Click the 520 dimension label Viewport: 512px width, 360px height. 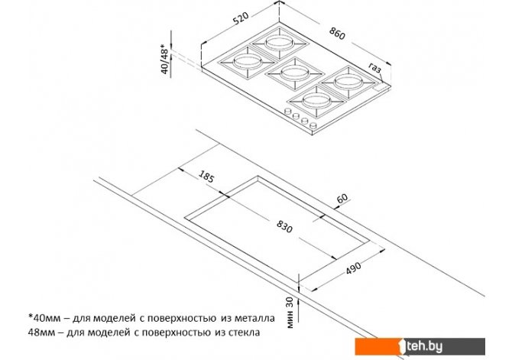pos(241,18)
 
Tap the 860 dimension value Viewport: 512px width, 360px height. pos(337,34)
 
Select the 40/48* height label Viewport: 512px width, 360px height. pos(165,61)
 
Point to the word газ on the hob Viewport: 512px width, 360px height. pos(375,68)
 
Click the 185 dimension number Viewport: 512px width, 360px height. pos(206,177)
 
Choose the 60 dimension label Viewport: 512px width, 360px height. pos(342,199)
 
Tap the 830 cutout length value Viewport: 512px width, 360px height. pos(284,226)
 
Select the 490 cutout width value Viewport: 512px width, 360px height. pos(353,268)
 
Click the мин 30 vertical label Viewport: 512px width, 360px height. pos(290,313)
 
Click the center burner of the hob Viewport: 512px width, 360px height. pos(294,73)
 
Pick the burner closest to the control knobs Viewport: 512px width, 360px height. pos(316,101)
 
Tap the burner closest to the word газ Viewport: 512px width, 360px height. pos(348,82)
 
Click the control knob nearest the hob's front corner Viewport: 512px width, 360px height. pos(313,125)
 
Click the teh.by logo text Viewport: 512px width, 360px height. pos(424,346)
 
